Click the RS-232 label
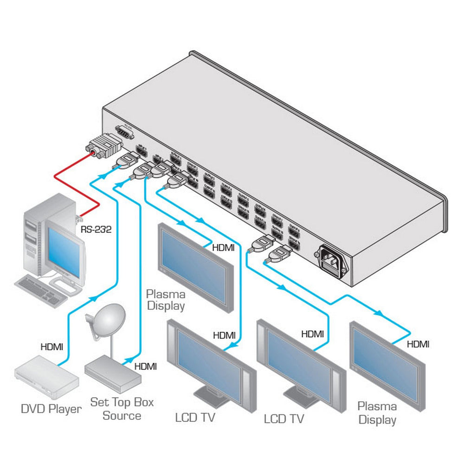(x=96, y=229)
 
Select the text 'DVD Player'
(x=51, y=409)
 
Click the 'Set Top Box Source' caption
(x=122, y=408)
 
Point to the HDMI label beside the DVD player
(x=52, y=346)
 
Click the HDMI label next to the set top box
(x=145, y=366)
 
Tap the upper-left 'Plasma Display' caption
(x=166, y=300)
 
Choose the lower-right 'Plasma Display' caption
(x=377, y=413)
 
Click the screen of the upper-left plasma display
(x=194, y=268)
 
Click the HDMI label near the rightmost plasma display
(x=418, y=344)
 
